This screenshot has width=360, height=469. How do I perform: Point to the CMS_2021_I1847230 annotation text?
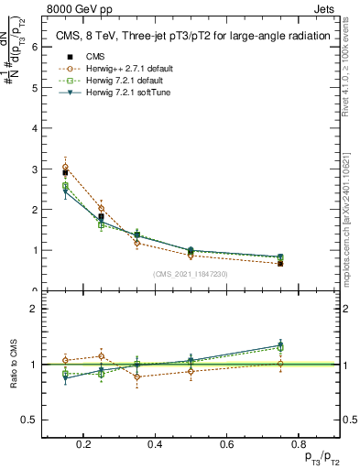(x=191, y=274)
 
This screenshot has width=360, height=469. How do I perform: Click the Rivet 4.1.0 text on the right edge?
(x=350, y=64)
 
